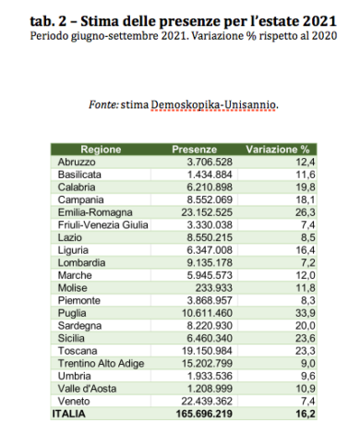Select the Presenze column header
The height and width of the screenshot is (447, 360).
[x=194, y=149]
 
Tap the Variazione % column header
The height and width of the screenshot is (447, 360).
[x=277, y=149]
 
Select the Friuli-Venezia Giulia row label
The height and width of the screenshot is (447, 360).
[x=102, y=224]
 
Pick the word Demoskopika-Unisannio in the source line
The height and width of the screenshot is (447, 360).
[x=225, y=105]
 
